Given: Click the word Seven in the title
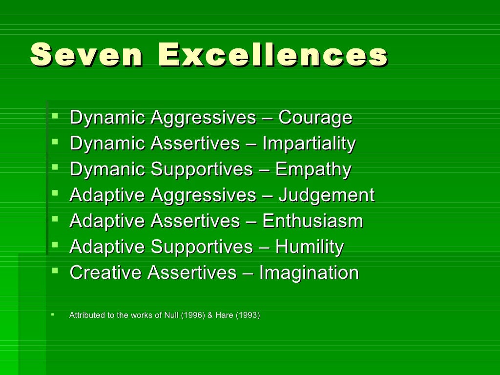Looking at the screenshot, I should click(86, 55).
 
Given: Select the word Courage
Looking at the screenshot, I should click(315, 118).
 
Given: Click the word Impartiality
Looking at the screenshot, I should click(309, 144).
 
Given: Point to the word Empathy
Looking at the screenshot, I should click(313, 169).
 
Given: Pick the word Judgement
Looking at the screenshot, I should click(326, 195).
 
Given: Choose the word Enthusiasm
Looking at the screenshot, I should click(312, 221).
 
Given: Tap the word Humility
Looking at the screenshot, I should click(310, 247).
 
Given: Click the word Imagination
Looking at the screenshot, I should click(309, 273).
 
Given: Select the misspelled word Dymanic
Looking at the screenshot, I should click(107, 169).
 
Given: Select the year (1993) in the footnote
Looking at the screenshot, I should click(248, 315).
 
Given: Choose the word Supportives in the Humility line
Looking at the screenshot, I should click(202, 247).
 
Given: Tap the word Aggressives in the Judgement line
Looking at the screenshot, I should click(203, 195).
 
